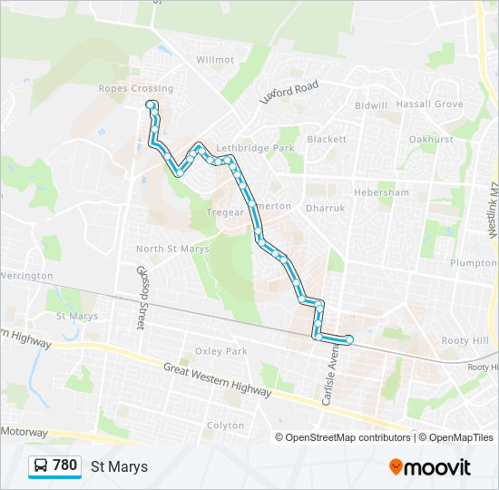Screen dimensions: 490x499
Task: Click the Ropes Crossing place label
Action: click(x=136, y=89)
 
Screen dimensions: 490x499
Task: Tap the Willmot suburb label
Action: click(x=215, y=60)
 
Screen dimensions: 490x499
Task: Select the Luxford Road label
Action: click(x=289, y=92)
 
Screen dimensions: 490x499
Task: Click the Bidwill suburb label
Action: click(x=371, y=105)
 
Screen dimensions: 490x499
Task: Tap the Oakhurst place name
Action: click(x=430, y=140)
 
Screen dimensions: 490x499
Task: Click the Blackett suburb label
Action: click(x=327, y=140)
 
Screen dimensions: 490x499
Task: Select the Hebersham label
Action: click(x=381, y=192)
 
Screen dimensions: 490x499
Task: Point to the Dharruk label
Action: click(x=326, y=208)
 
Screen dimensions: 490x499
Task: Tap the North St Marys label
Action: click(x=172, y=249)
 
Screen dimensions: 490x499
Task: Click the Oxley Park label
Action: click(x=221, y=351)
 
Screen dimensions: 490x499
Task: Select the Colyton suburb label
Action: click(x=226, y=425)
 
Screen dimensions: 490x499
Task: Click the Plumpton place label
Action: click(x=473, y=263)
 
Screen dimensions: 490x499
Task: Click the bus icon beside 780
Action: click(x=41, y=466)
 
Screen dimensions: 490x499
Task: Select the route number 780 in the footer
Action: click(x=65, y=466)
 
